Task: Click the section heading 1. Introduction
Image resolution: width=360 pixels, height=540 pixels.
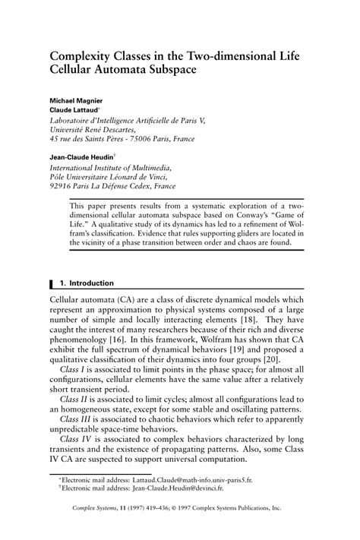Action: [x=87, y=283]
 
